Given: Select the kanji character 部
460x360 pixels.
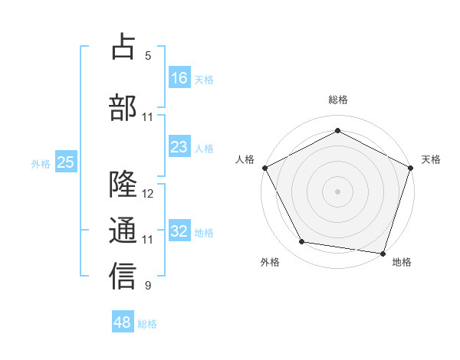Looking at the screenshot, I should click(x=123, y=106).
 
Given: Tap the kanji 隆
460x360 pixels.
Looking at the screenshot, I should click(x=123, y=185).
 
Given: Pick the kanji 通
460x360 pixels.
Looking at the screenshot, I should click(x=123, y=230).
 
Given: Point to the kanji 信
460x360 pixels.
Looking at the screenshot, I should click(x=123, y=276).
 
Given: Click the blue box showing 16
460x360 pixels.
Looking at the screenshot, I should click(x=179, y=77).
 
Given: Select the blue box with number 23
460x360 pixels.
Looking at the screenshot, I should click(x=179, y=147).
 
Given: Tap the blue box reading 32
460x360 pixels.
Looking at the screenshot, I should click(x=179, y=231).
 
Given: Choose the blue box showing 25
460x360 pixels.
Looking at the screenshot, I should click(x=65, y=162).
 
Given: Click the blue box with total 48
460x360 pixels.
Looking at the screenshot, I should click(x=123, y=322).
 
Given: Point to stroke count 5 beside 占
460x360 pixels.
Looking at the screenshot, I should click(x=148, y=56).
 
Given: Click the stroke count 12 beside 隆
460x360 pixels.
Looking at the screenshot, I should click(x=148, y=194).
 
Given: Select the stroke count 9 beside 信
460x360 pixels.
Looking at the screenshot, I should click(x=148, y=286).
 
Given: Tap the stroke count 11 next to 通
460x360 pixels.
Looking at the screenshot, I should click(x=148, y=240).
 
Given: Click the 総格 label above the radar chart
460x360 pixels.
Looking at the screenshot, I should click(x=337, y=100).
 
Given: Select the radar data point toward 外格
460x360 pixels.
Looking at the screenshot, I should click(x=302, y=242).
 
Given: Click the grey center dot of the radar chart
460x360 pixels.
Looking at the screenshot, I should click(x=337, y=191).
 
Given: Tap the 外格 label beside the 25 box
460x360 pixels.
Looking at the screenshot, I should click(x=41, y=163).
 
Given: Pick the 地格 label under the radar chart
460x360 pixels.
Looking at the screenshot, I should click(x=402, y=262).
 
